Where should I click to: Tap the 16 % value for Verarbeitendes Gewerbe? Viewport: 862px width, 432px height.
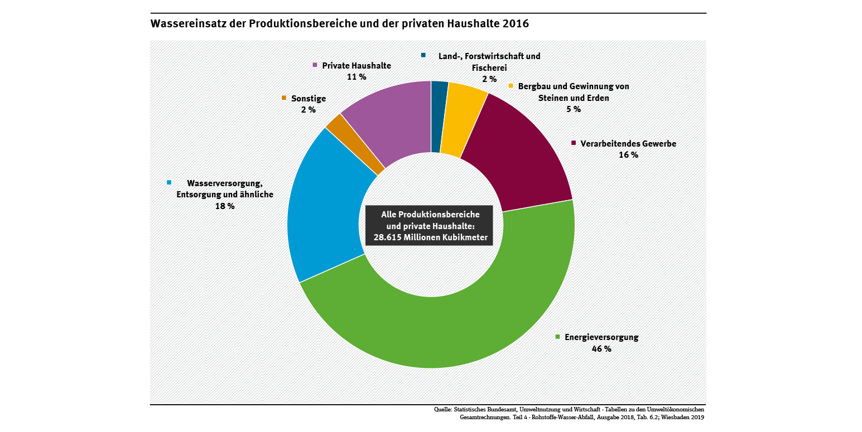pyautogui.click(x=628, y=155)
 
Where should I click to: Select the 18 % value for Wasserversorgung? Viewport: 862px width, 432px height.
pyautogui.click(x=225, y=206)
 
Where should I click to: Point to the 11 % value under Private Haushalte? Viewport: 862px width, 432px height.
pyautogui.click(x=357, y=77)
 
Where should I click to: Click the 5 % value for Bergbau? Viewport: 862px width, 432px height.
pyautogui.click(x=573, y=109)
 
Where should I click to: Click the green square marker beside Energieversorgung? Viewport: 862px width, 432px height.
pyautogui.click(x=557, y=337)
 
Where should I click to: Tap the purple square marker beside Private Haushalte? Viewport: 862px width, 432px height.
pyautogui.click(x=315, y=65)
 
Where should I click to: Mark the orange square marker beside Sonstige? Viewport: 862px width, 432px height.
pyautogui.click(x=284, y=98)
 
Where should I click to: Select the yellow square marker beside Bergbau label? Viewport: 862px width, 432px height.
pyautogui.click(x=511, y=86)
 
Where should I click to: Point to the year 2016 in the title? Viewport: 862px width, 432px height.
pyautogui.click(x=516, y=24)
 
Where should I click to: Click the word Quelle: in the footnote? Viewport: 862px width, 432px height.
pyautogui.click(x=443, y=410)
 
